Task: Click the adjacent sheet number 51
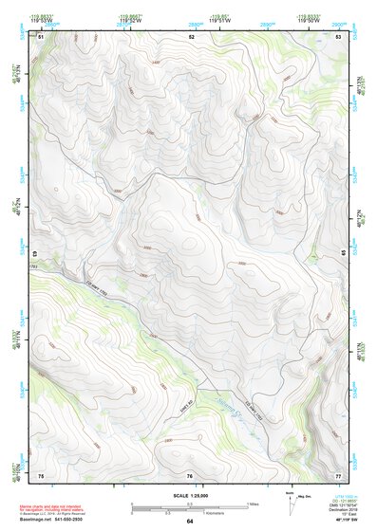click(42, 36)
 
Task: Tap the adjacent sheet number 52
click(191, 36)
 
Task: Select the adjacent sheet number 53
click(339, 36)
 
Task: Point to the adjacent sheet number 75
click(41, 474)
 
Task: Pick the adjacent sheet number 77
click(338, 474)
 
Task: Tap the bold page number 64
click(190, 521)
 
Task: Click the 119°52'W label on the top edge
click(132, 20)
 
